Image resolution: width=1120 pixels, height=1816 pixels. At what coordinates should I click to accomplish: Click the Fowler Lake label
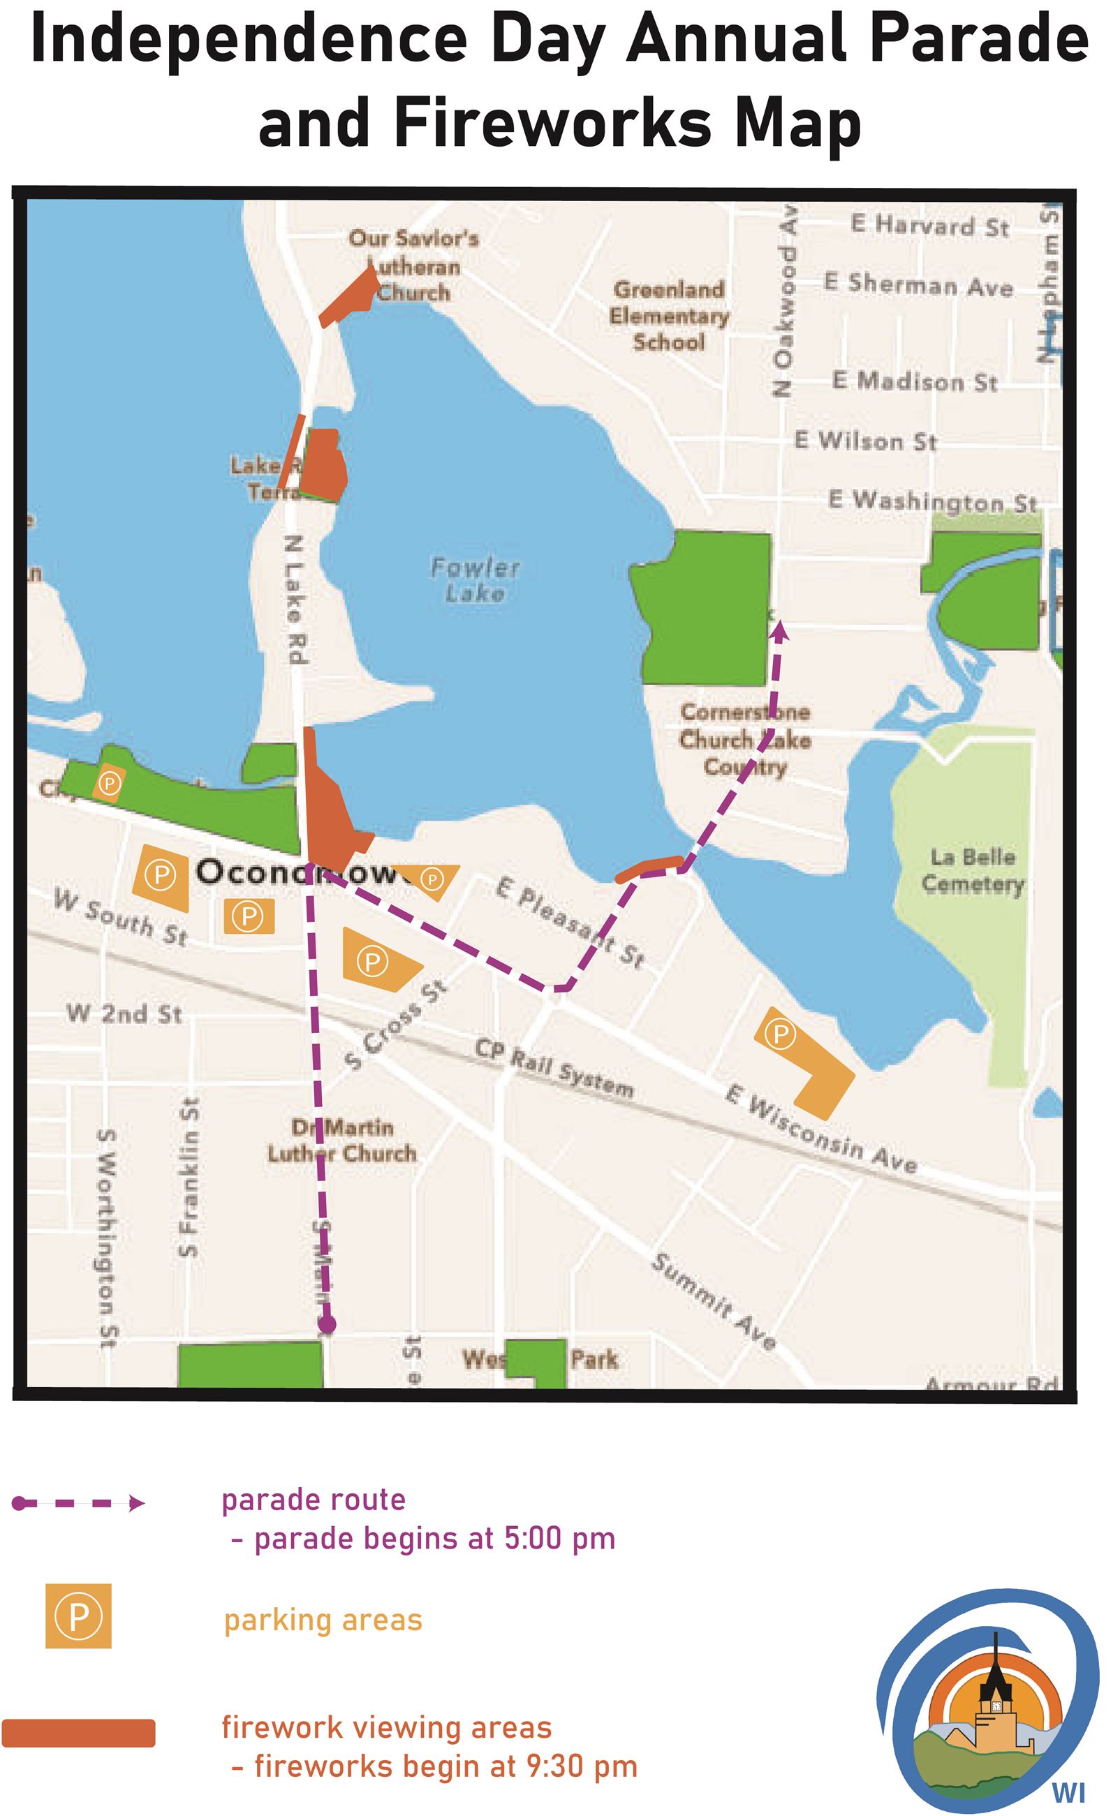[x=475, y=580]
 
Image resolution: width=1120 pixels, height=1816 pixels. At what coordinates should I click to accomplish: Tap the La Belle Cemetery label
[x=972, y=870]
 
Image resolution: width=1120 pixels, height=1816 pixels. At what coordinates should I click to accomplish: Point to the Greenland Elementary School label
[x=668, y=316]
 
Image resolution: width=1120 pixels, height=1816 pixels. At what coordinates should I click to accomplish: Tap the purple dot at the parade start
[x=327, y=1324]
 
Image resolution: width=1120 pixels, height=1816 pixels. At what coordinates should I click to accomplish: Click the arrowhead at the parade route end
[x=779, y=631]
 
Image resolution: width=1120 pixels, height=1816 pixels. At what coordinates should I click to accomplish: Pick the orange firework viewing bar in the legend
[x=78, y=1733]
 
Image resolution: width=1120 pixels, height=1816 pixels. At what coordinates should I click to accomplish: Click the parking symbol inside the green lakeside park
[x=109, y=782]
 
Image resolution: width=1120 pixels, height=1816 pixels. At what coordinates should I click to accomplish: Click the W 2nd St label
[x=124, y=1013]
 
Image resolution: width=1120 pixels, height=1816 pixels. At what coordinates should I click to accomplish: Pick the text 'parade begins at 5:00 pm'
[x=434, y=1539]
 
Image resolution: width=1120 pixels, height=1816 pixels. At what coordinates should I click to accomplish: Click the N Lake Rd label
[x=295, y=599]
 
